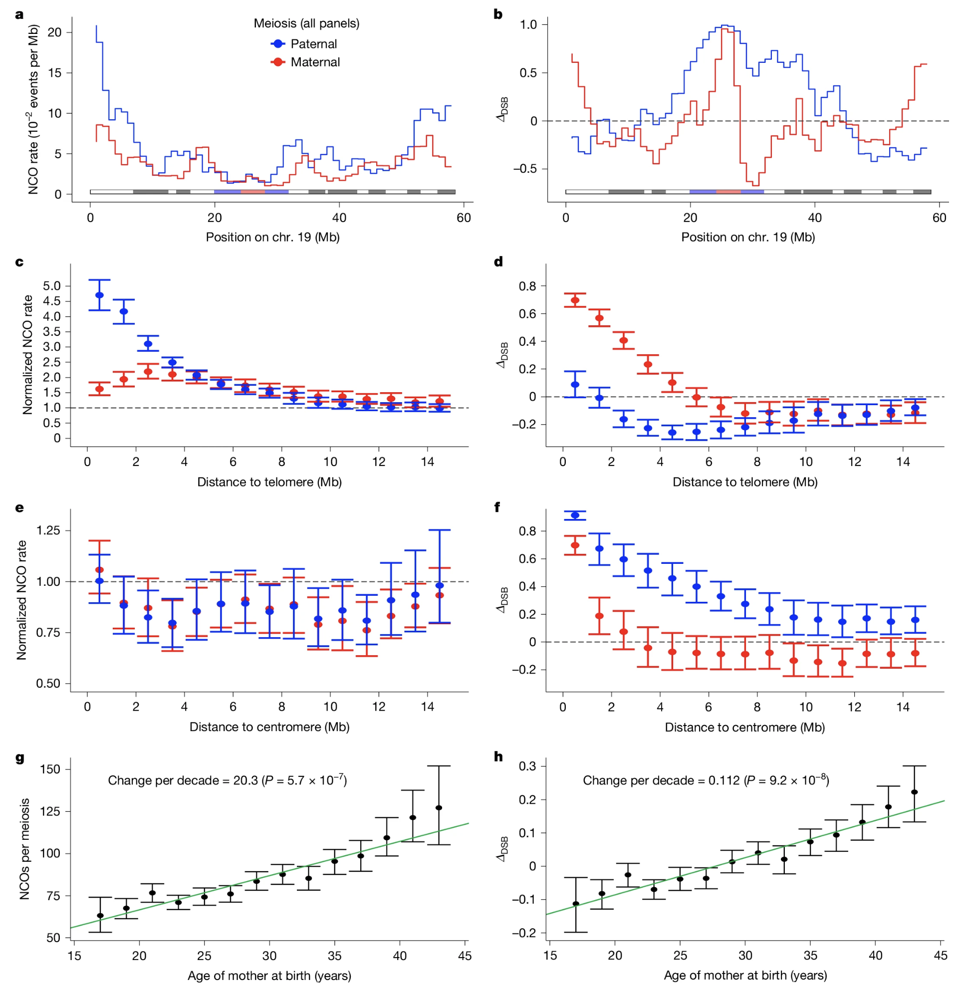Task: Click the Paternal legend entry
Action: point(313,44)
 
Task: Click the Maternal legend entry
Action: point(314,62)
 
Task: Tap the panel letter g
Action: point(20,758)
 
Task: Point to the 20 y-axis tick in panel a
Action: point(54,32)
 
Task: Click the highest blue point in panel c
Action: point(100,295)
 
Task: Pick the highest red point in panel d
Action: point(575,300)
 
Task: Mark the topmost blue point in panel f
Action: point(575,515)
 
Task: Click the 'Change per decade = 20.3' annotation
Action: point(228,780)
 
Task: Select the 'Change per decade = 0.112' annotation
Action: point(706,780)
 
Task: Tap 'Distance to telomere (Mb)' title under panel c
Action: point(269,482)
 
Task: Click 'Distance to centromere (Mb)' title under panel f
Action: point(745,728)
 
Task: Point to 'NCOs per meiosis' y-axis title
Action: point(24,849)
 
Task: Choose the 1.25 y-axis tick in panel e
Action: point(48,531)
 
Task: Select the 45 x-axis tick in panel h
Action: point(940,956)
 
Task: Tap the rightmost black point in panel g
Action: point(439,808)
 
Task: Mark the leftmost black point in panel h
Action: point(576,904)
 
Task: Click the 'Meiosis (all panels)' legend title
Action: point(306,23)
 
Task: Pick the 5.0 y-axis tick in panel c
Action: point(52,286)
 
